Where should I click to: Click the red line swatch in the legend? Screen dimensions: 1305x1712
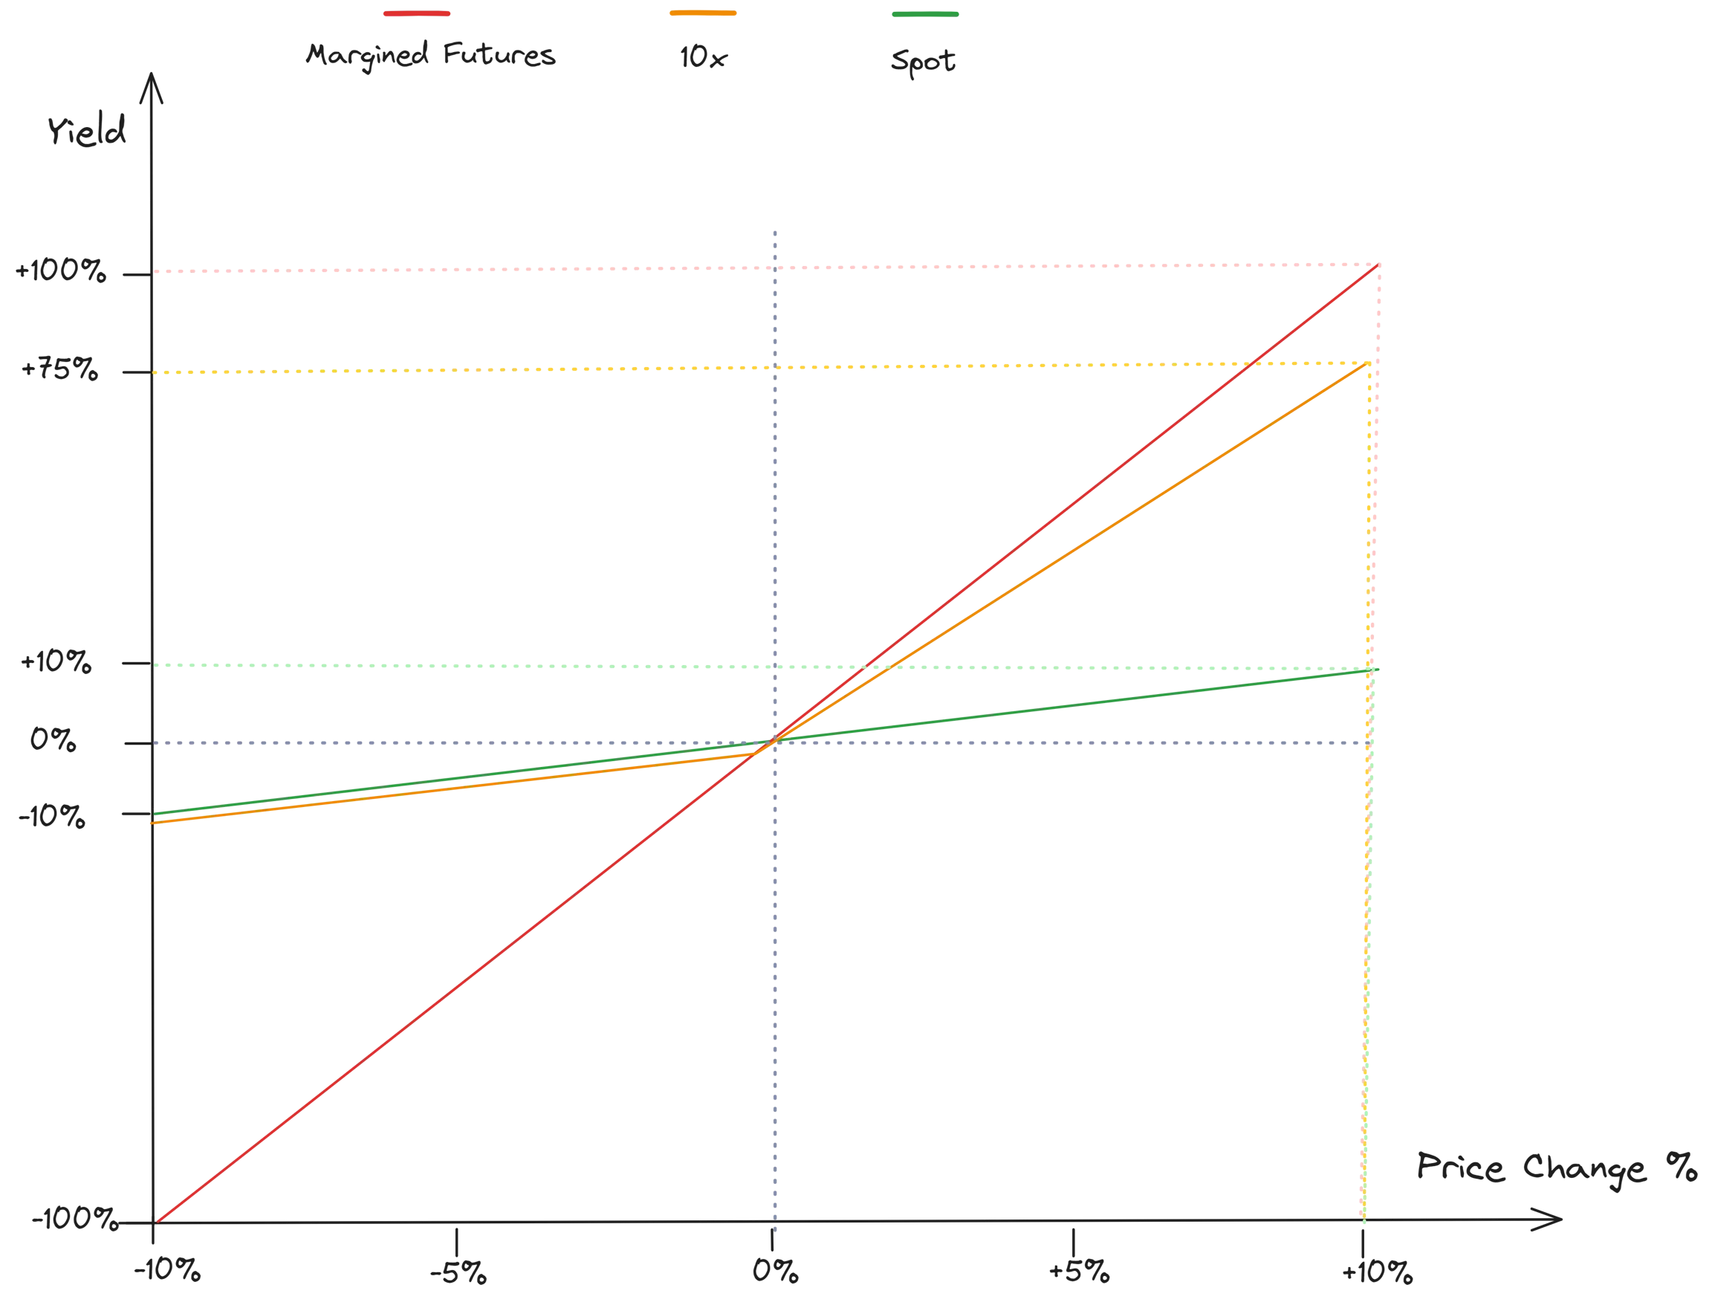[415, 13]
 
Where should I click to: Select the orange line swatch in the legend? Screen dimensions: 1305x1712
[701, 13]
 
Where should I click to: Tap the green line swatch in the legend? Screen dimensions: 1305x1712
[927, 13]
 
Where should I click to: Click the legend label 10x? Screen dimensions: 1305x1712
[704, 59]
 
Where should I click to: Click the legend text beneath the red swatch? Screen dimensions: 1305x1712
[430, 56]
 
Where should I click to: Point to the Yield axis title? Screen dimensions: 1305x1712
[87, 132]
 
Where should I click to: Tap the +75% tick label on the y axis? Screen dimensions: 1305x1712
[59, 367]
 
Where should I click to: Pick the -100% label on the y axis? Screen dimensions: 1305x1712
[74, 1220]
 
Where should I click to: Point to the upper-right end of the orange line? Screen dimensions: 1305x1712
[1366, 363]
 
